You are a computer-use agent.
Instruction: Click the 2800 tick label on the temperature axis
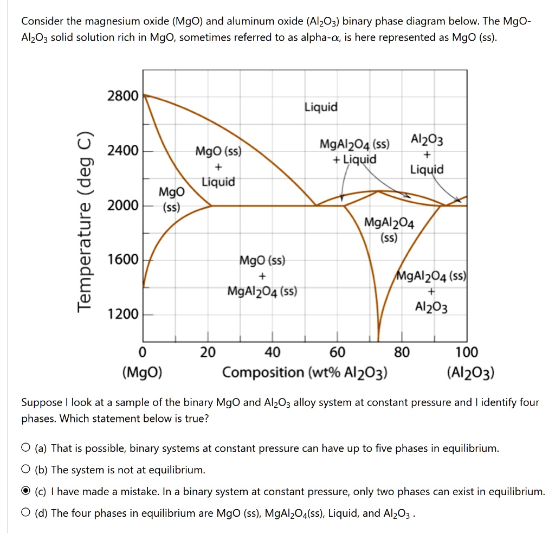123,96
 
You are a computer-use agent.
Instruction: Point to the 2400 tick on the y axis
123,150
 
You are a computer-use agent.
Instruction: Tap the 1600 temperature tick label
123,259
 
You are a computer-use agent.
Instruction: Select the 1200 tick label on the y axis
123,314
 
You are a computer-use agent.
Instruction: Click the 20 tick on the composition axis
207,352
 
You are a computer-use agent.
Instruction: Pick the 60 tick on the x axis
337,352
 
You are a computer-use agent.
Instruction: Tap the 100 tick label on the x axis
467,352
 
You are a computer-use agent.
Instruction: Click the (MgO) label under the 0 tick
142,373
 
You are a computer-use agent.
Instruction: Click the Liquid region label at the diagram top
321,107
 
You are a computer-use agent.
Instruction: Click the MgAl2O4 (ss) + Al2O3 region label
431,291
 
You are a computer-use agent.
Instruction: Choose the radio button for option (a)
26,448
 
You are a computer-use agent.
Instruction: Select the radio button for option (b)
26,470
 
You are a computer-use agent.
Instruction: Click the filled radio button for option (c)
26,492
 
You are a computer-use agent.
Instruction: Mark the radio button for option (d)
26,513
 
